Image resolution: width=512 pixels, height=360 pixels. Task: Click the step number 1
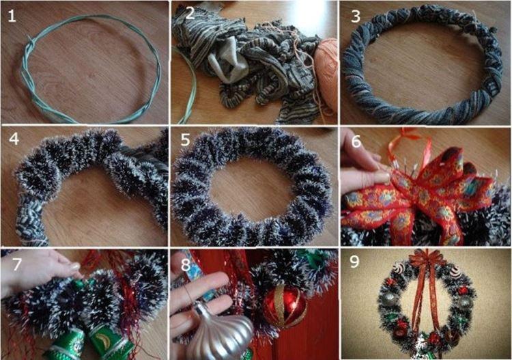(12, 16)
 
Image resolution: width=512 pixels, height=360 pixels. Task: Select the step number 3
(355, 16)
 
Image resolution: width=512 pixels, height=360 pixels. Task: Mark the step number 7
(12, 264)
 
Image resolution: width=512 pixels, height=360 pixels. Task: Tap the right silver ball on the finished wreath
(464, 301)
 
